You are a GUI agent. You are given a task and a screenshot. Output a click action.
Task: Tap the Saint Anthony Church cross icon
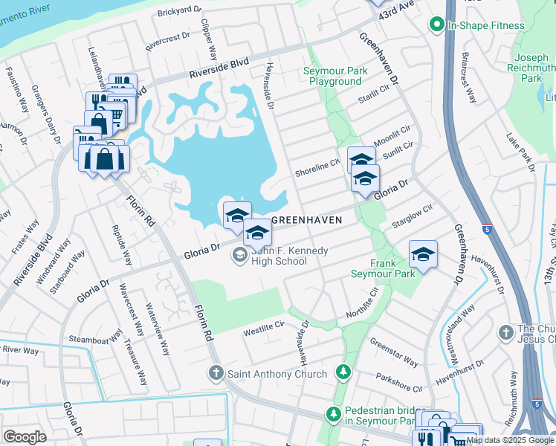pos(216,373)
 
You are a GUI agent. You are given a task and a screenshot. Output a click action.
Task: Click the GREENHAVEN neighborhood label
pos(307,220)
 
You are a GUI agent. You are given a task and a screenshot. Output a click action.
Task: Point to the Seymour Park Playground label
pos(335,76)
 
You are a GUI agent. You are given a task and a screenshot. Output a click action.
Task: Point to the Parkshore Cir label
pos(398,383)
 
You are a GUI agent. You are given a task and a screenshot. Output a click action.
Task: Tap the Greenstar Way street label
pos(393,352)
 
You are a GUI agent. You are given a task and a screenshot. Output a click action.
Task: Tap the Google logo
pos(25,436)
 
